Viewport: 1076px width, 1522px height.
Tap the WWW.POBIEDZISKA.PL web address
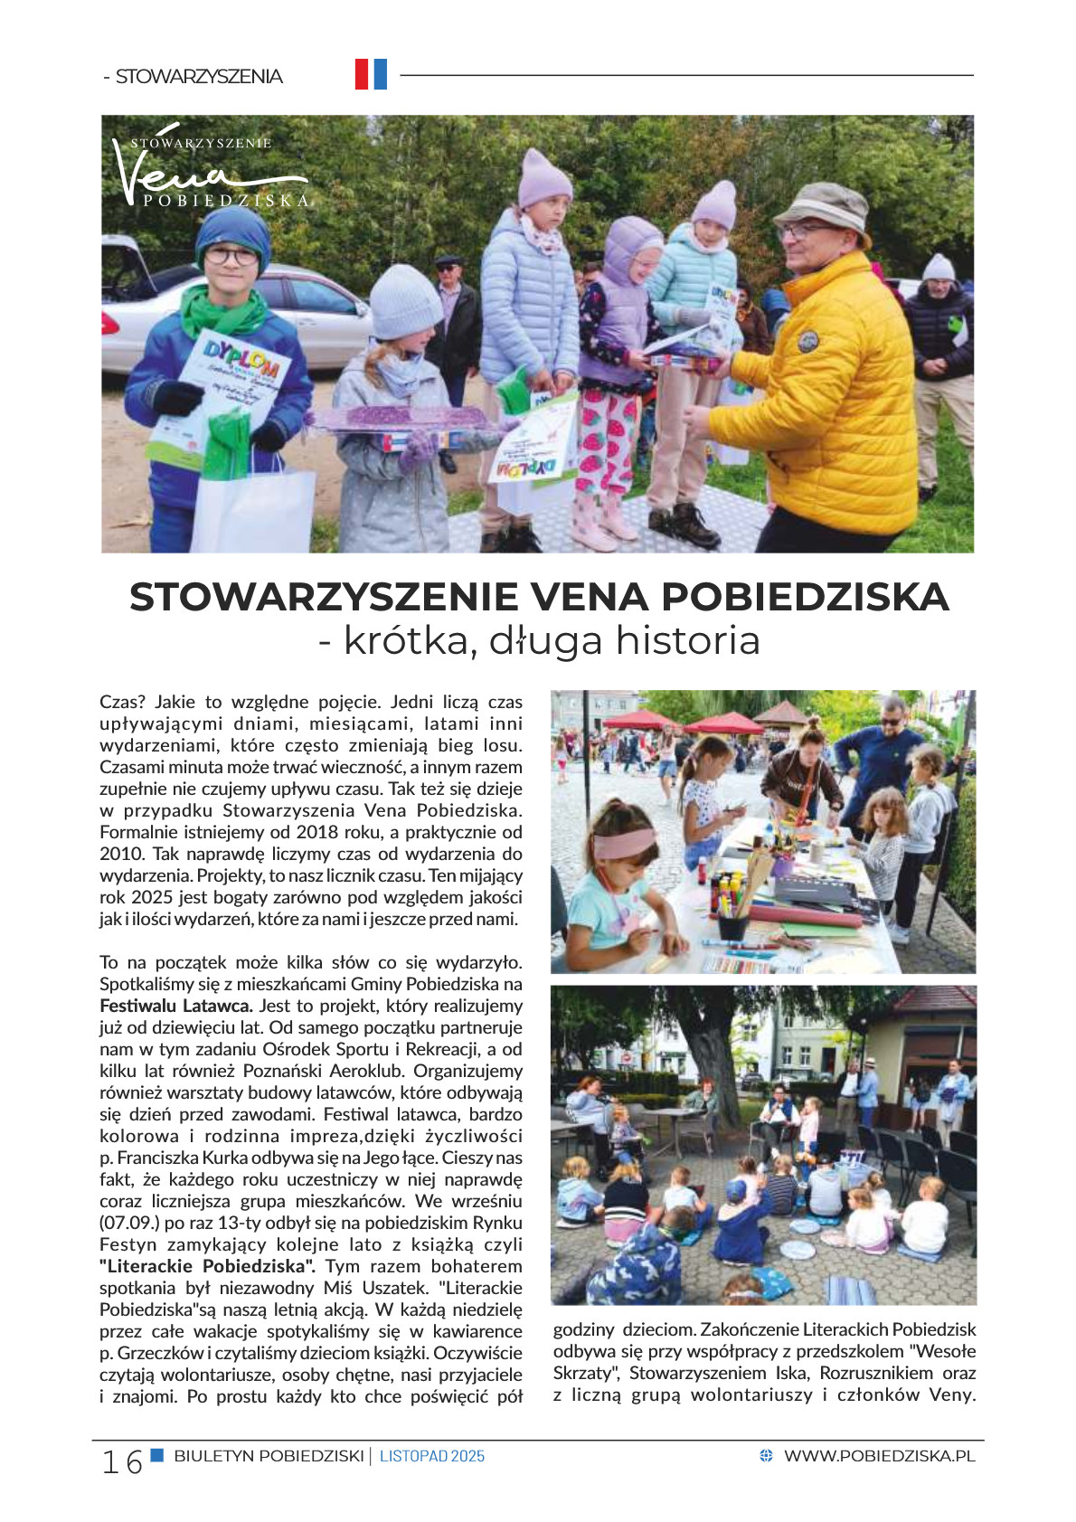coord(879,1456)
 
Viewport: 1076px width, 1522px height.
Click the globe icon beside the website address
coord(766,1456)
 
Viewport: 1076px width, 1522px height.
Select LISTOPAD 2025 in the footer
coord(432,1456)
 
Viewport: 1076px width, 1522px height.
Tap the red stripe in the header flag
coord(362,74)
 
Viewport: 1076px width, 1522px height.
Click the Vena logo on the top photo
coord(208,172)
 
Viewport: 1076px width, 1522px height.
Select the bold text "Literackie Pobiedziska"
coord(207,1266)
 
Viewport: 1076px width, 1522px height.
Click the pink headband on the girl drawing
coord(624,844)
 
